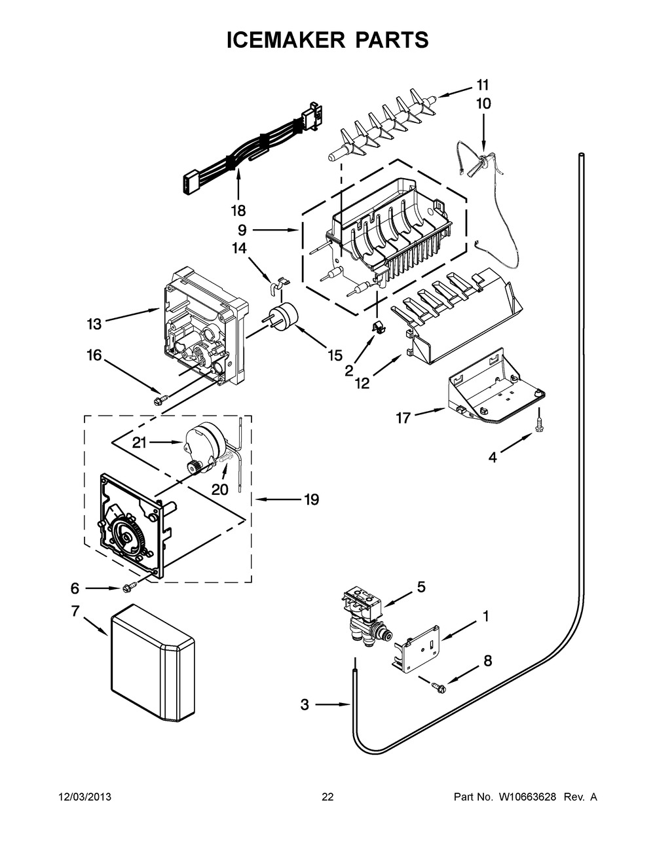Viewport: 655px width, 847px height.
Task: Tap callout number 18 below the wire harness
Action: pos(238,211)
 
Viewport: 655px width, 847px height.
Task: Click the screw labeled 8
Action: pos(438,687)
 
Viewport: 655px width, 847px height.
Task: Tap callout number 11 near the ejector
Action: pos(483,84)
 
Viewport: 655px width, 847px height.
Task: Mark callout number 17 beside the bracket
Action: pos(403,417)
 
